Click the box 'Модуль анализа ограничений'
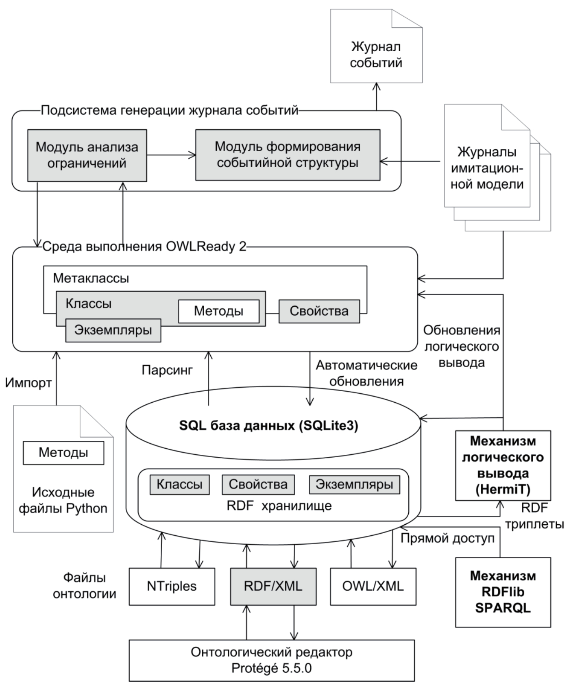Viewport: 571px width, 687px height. pos(87,155)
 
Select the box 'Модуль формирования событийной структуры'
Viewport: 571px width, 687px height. pos(288,155)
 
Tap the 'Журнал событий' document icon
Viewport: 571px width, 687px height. pos(376,55)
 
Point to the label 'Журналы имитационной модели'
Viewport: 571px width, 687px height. pos(487,168)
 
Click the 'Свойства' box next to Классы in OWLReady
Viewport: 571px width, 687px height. pos(319,312)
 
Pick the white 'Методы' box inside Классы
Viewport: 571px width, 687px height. pos(218,312)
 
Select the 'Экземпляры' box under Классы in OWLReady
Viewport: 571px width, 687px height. pos(113,330)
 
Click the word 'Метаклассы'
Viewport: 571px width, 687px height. pos(91,278)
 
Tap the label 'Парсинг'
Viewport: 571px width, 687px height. pos(167,370)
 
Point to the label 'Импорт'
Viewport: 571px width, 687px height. pos(28,383)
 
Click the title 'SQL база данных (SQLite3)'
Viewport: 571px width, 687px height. pos(268,426)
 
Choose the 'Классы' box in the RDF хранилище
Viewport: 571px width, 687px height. pos(179,484)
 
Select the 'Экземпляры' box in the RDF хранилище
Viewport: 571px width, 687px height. pos(354,484)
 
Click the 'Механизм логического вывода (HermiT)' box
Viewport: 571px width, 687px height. pos(503,465)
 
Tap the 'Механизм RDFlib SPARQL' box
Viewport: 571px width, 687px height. pos(503,592)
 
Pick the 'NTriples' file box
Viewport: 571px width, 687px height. pos(172,586)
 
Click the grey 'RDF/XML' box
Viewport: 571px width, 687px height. pos(273,586)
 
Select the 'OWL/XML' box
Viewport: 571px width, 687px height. pos(373,586)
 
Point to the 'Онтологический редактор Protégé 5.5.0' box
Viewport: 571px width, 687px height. pos(272,660)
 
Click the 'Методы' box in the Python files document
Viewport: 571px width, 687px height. pos(63,453)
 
